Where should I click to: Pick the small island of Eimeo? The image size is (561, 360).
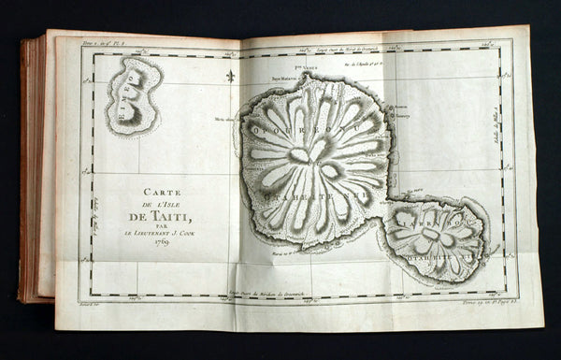coord(134,94)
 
